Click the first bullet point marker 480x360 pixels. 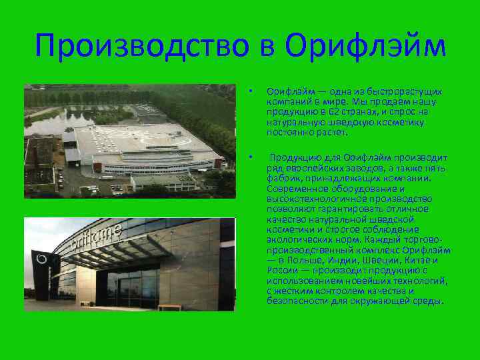249,91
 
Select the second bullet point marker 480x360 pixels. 249,157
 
